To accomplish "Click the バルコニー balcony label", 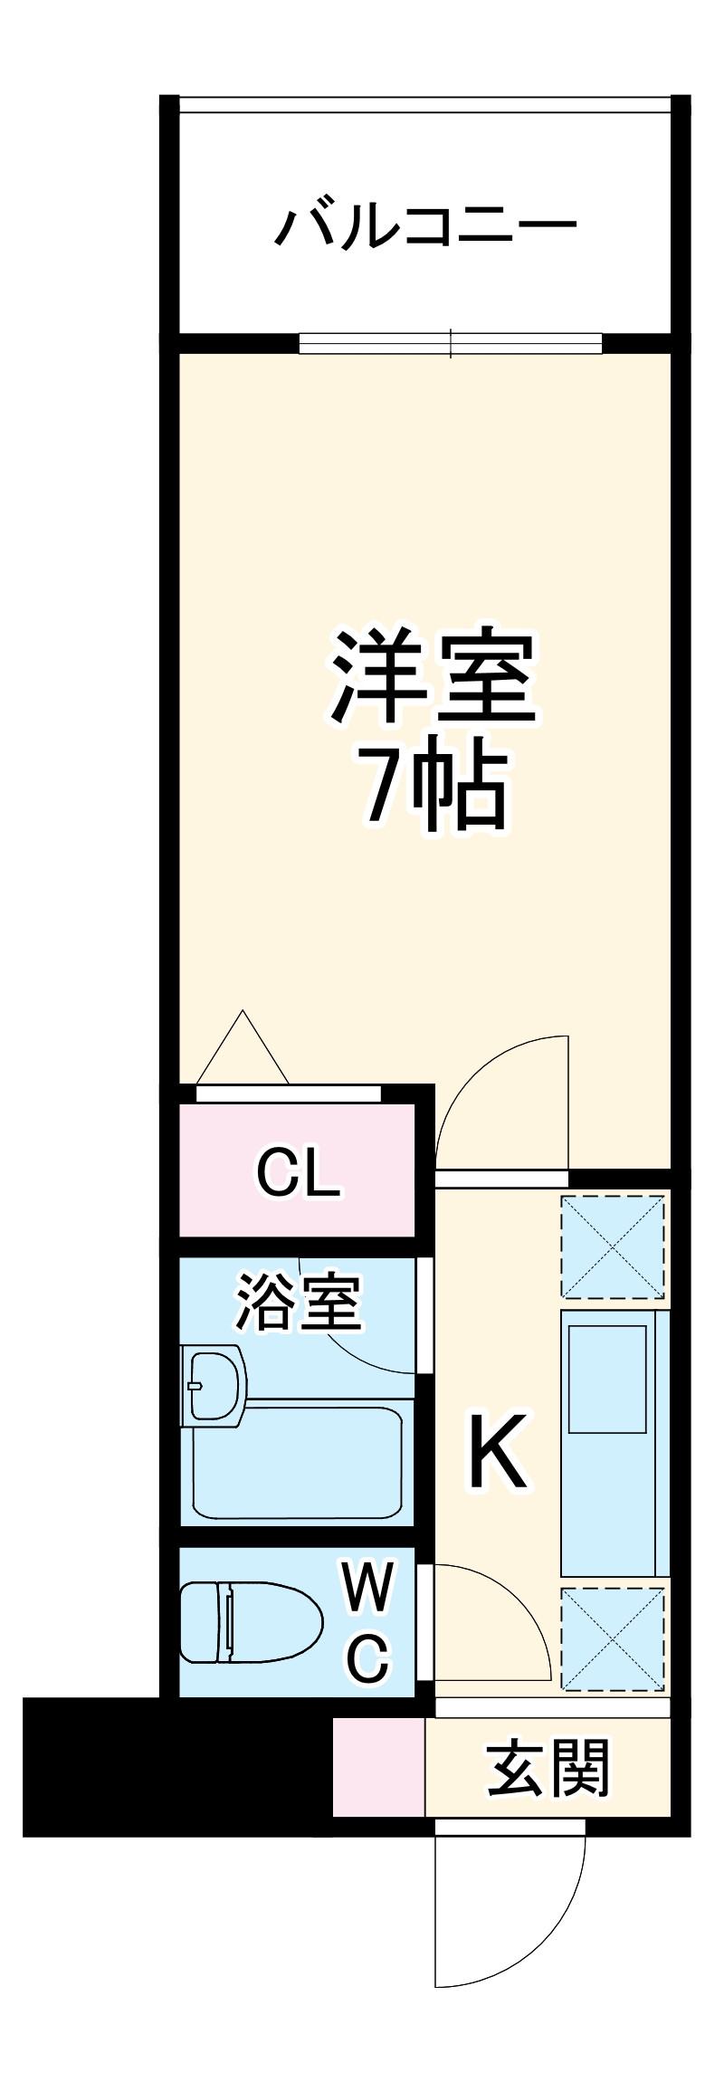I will [x=425, y=226].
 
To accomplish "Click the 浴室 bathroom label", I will [x=299, y=1304].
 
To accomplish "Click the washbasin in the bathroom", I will [x=214, y=1385].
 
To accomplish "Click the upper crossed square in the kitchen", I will [x=614, y=1246].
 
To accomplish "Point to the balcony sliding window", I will [x=451, y=343].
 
